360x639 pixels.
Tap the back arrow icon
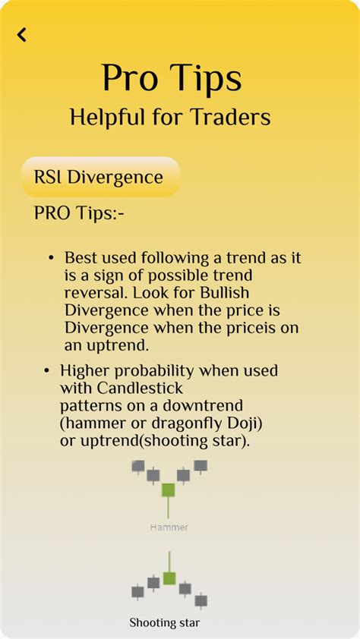coord(22,35)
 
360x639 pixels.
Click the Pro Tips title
coord(172,78)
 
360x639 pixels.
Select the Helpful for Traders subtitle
coord(170,117)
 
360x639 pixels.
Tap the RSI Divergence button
coord(100,177)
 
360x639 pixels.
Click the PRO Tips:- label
coord(79,213)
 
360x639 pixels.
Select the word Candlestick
coord(141,388)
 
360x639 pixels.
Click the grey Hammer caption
coord(169,527)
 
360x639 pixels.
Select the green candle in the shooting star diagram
coord(169,578)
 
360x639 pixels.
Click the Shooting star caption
coord(165,623)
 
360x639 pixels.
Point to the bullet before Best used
coord(51,258)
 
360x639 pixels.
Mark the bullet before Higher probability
coord(47,371)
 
